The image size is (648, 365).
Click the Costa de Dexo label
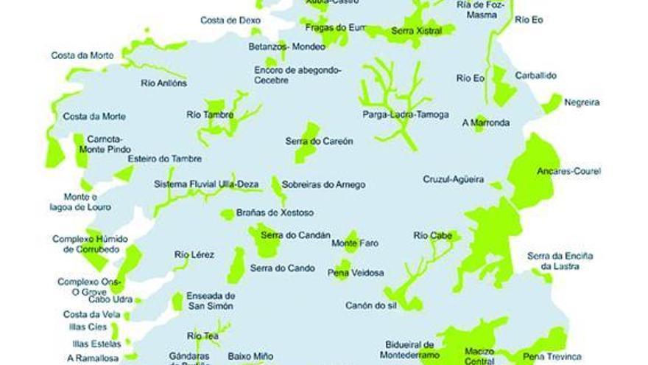(x=230, y=21)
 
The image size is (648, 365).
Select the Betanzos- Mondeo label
(x=286, y=47)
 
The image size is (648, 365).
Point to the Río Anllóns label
(x=163, y=83)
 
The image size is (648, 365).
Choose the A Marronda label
(x=485, y=123)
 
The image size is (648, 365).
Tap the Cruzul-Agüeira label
(x=453, y=179)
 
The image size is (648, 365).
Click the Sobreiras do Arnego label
(x=323, y=185)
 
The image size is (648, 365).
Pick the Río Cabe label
(x=432, y=236)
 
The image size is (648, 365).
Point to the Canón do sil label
(x=375, y=305)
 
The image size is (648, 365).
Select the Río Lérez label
(x=194, y=255)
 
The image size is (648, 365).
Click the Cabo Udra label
(x=110, y=299)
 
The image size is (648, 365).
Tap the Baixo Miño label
(x=250, y=356)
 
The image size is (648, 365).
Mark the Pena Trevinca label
(x=552, y=357)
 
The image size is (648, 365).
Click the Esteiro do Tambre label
(x=164, y=159)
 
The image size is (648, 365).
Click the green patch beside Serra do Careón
(x=307, y=143)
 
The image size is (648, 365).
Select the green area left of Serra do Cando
(x=237, y=264)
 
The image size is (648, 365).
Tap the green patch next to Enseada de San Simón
(x=177, y=301)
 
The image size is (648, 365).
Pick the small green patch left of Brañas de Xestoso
(x=228, y=215)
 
